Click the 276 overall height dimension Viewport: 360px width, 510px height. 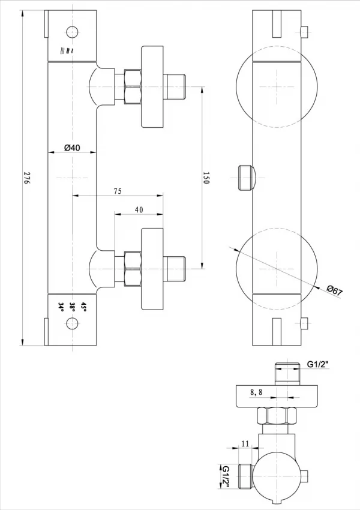tap(26, 178)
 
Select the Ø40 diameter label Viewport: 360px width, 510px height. tap(72, 148)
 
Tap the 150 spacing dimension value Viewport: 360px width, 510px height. tap(206, 178)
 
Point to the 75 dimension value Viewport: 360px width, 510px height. tap(118, 191)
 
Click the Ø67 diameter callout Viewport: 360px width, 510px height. tap(335, 290)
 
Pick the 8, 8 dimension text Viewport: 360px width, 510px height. tap(256, 392)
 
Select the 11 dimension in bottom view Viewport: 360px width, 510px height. tap(245, 443)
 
